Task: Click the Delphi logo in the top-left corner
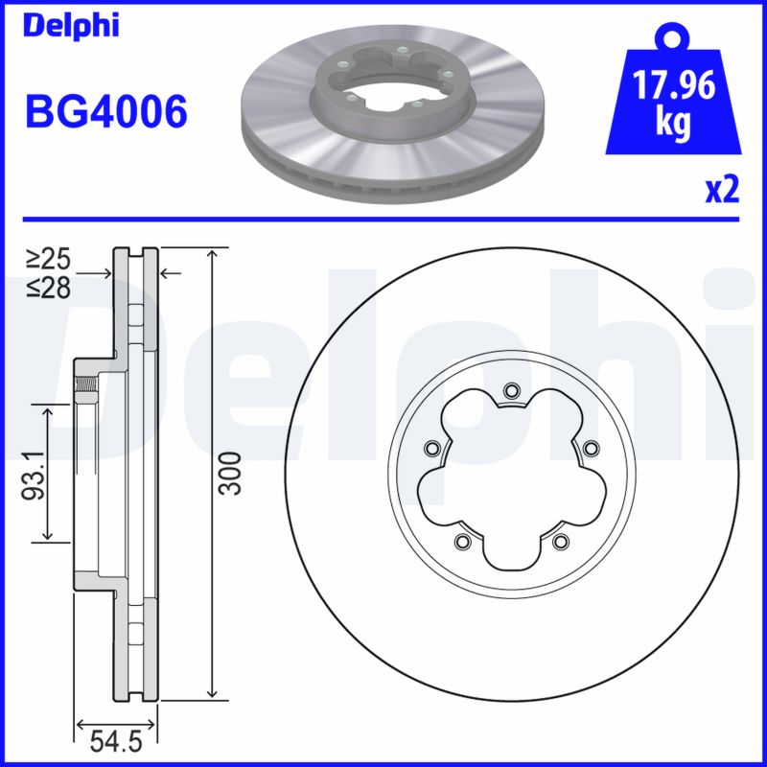tap(71, 25)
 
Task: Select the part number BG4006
tap(105, 113)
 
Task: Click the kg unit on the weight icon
tap(674, 126)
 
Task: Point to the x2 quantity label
tap(722, 191)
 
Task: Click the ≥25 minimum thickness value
tap(48, 258)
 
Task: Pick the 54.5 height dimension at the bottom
tap(116, 741)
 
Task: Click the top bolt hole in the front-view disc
tap(510, 390)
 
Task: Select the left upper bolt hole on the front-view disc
tap(430, 448)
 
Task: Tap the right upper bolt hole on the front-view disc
tap(591, 448)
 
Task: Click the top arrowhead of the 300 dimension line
tap(210, 252)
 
